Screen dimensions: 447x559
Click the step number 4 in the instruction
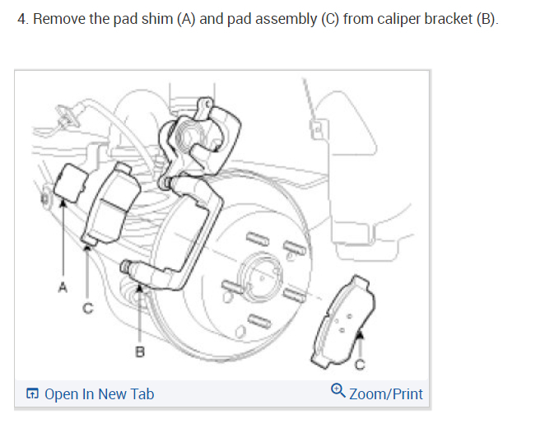21,19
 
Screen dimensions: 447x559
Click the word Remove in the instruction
58,19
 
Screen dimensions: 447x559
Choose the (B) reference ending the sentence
487,19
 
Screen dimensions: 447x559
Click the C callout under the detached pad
360,366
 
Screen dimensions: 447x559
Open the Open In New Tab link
99,394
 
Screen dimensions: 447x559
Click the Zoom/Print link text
385,394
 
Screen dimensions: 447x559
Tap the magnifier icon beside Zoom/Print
338,393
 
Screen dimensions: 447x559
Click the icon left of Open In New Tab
31,394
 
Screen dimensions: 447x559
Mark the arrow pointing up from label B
140,313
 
